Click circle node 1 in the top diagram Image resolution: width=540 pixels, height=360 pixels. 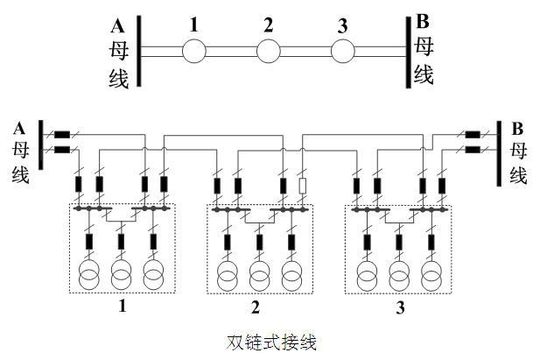pos(193,51)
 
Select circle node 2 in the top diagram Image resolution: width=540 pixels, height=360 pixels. pos(268,51)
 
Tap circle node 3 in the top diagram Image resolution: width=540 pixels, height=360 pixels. pos(342,51)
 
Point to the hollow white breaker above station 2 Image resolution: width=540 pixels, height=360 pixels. pos(303,186)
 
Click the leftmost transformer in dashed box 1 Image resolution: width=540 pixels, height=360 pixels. pos(88,274)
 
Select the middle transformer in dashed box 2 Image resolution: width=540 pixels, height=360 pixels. pos(259,274)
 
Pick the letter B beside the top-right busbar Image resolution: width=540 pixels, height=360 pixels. pos(423,20)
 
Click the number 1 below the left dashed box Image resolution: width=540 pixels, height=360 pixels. pos(122,307)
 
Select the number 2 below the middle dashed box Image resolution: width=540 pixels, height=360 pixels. pos(256,307)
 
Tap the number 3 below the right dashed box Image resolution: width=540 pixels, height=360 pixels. pos(400,307)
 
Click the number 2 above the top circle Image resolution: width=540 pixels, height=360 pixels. pos(268,25)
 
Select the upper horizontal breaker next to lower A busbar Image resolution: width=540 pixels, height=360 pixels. pos(62,136)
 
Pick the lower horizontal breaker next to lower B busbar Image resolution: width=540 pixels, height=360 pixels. pos(473,150)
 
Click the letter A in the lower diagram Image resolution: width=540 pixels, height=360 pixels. pos(19,128)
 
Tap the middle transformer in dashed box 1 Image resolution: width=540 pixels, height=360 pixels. pos(121,274)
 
